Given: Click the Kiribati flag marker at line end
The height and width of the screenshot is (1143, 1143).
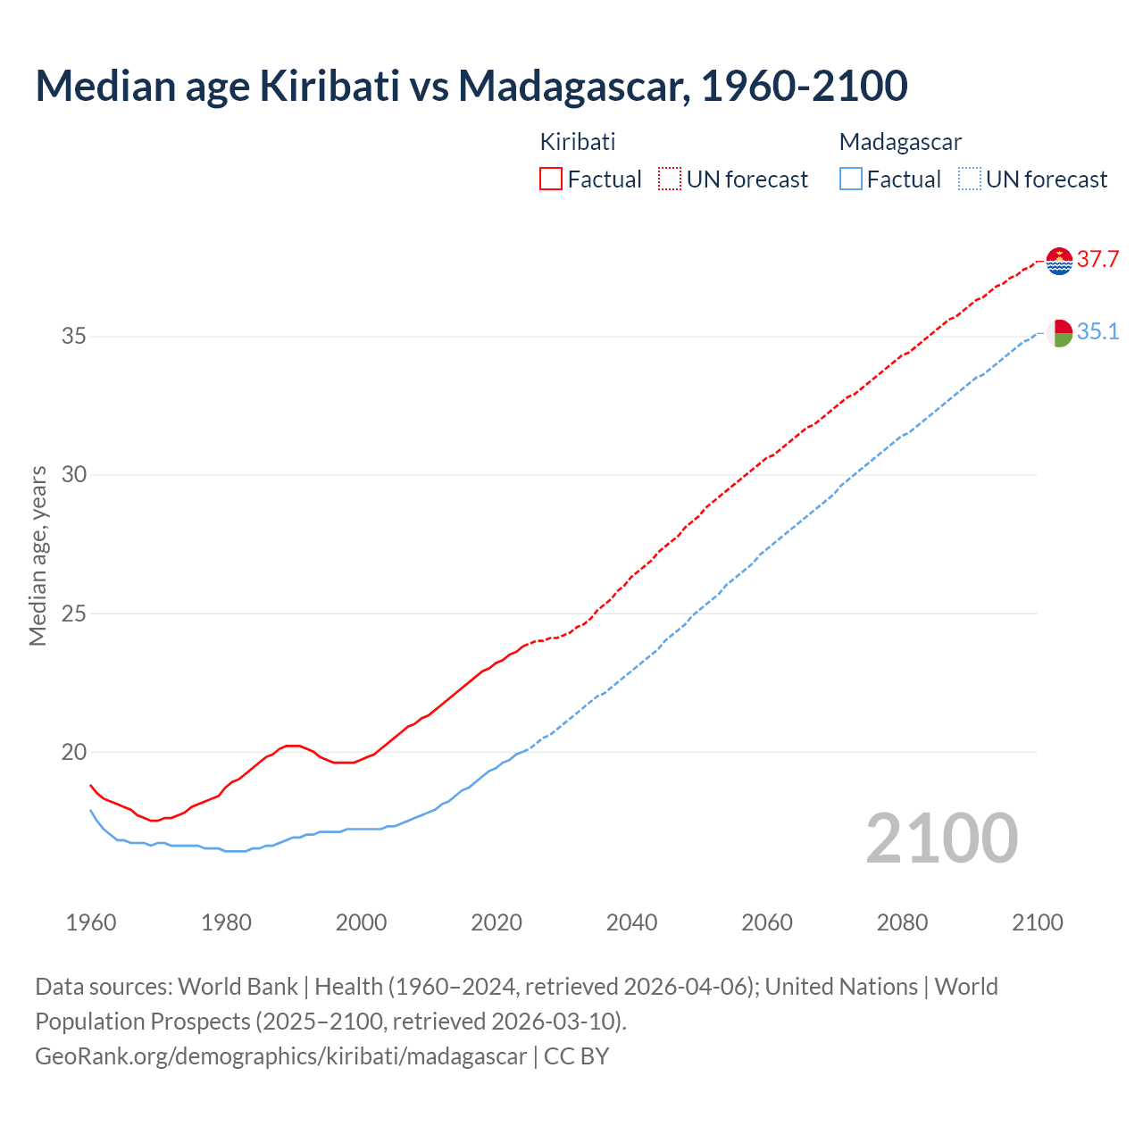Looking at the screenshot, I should click(1059, 261).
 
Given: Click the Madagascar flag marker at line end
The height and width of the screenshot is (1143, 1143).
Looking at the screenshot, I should click(1059, 333).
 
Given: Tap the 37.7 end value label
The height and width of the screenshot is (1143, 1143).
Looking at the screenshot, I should click(1097, 260).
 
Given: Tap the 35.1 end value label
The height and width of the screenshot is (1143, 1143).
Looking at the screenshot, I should click(1097, 332).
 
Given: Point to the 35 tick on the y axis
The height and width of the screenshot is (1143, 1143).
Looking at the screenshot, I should click(74, 337).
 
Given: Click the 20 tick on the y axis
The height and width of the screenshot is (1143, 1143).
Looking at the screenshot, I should click(74, 752).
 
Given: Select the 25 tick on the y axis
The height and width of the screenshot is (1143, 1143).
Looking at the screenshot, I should click(74, 613).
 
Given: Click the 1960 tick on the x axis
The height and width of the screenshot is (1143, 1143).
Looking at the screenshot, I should click(91, 922).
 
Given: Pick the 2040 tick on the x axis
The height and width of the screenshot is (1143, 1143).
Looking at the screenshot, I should click(631, 922).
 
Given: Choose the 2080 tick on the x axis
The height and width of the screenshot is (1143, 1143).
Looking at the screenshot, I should click(902, 922).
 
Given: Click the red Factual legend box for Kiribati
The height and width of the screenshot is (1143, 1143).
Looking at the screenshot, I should click(551, 179).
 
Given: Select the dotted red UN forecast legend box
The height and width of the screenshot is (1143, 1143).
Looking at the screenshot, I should click(670, 179).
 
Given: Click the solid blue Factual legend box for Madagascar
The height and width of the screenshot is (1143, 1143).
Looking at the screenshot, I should click(851, 179).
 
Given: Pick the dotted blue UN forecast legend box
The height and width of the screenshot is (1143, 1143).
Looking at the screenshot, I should click(970, 179).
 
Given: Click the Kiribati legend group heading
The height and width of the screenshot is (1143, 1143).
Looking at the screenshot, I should click(578, 142).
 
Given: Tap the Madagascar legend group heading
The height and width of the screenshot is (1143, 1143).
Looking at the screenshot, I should click(900, 142).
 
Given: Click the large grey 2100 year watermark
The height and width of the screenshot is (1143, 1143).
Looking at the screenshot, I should click(942, 838).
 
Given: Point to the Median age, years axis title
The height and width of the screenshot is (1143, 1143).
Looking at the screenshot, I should click(38, 555).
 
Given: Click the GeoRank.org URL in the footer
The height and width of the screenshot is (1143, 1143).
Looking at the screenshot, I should click(281, 1056).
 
